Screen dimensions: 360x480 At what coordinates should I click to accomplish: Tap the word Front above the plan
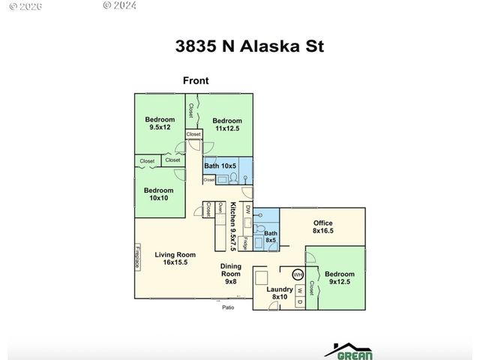click(196, 80)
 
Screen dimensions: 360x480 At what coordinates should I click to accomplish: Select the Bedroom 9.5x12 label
click(160, 123)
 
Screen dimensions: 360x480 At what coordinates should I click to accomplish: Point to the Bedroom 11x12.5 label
click(227, 124)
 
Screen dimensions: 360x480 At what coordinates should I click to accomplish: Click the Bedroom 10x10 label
click(158, 194)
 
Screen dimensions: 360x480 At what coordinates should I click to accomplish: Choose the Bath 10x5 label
click(220, 165)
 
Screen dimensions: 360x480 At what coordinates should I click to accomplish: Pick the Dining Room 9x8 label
click(231, 274)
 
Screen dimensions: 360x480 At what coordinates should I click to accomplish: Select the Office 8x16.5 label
click(322, 227)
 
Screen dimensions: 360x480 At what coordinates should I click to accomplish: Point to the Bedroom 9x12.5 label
click(341, 278)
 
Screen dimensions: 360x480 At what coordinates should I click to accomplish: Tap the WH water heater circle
click(297, 274)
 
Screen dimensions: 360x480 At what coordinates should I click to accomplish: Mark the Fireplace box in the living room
click(139, 256)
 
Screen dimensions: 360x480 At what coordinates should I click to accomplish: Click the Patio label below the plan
click(228, 307)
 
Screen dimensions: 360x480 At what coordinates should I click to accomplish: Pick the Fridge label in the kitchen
click(245, 242)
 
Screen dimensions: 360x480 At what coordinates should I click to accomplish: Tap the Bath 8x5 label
click(270, 237)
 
